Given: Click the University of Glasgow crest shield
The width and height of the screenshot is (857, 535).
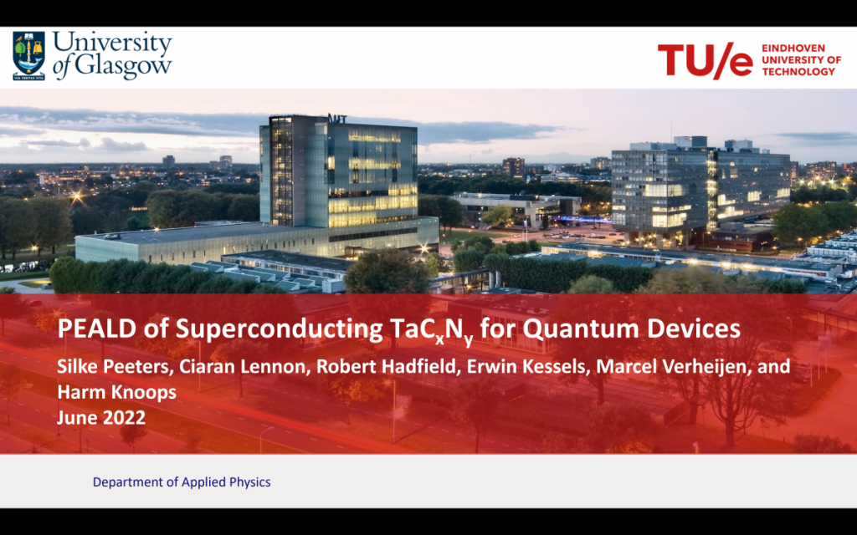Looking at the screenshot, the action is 29,56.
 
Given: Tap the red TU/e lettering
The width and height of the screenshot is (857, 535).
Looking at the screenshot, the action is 705,59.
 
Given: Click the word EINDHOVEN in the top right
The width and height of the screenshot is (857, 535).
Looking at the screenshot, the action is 793,48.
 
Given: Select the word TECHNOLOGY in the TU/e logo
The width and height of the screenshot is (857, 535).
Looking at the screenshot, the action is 798,72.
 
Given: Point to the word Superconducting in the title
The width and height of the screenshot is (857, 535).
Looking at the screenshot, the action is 280,329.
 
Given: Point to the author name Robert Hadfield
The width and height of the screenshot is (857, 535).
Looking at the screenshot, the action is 386,366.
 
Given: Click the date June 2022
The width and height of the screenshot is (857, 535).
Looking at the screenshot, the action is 101,418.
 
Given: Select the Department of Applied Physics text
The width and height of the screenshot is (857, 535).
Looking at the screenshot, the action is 182,482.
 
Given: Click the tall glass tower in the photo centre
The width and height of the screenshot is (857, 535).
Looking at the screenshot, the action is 339,172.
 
